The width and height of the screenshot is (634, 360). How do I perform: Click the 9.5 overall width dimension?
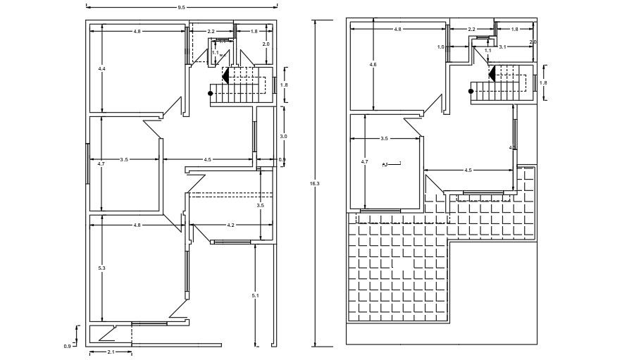[181, 7]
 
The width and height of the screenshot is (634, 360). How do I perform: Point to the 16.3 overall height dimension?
[315, 183]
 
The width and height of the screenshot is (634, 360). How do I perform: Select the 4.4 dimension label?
[101, 69]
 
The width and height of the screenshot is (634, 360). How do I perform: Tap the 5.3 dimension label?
[102, 268]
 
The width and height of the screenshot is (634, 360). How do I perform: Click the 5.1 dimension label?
[255, 295]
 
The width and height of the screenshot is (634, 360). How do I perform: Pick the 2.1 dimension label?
[111, 352]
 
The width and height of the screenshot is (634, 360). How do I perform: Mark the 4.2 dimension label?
[231, 225]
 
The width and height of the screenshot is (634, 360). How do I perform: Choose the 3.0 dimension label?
[283, 136]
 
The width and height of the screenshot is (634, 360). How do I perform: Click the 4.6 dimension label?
[373, 65]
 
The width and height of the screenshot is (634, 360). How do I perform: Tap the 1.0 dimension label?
[440, 47]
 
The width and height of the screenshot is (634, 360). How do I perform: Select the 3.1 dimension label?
[503, 46]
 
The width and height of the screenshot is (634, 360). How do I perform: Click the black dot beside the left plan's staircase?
[210, 92]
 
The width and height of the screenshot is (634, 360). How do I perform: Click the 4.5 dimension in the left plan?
[208, 160]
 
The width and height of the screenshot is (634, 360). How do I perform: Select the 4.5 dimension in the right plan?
[468, 170]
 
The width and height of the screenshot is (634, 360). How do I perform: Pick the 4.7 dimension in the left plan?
[101, 163]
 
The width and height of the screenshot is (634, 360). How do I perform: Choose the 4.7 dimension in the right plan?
[364, 162]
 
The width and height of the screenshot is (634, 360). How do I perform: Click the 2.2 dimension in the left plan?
[211, 32]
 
